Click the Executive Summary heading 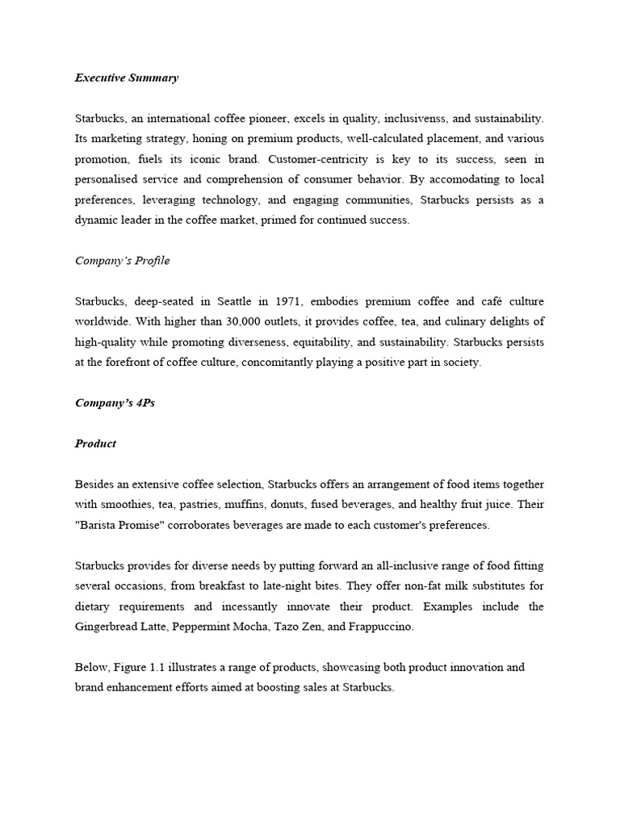point(127,78)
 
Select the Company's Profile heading point(122,261)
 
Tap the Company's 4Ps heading point(115,403)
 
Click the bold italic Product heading point(95,443)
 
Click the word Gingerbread point(108,626)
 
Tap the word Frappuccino point(381,626)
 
